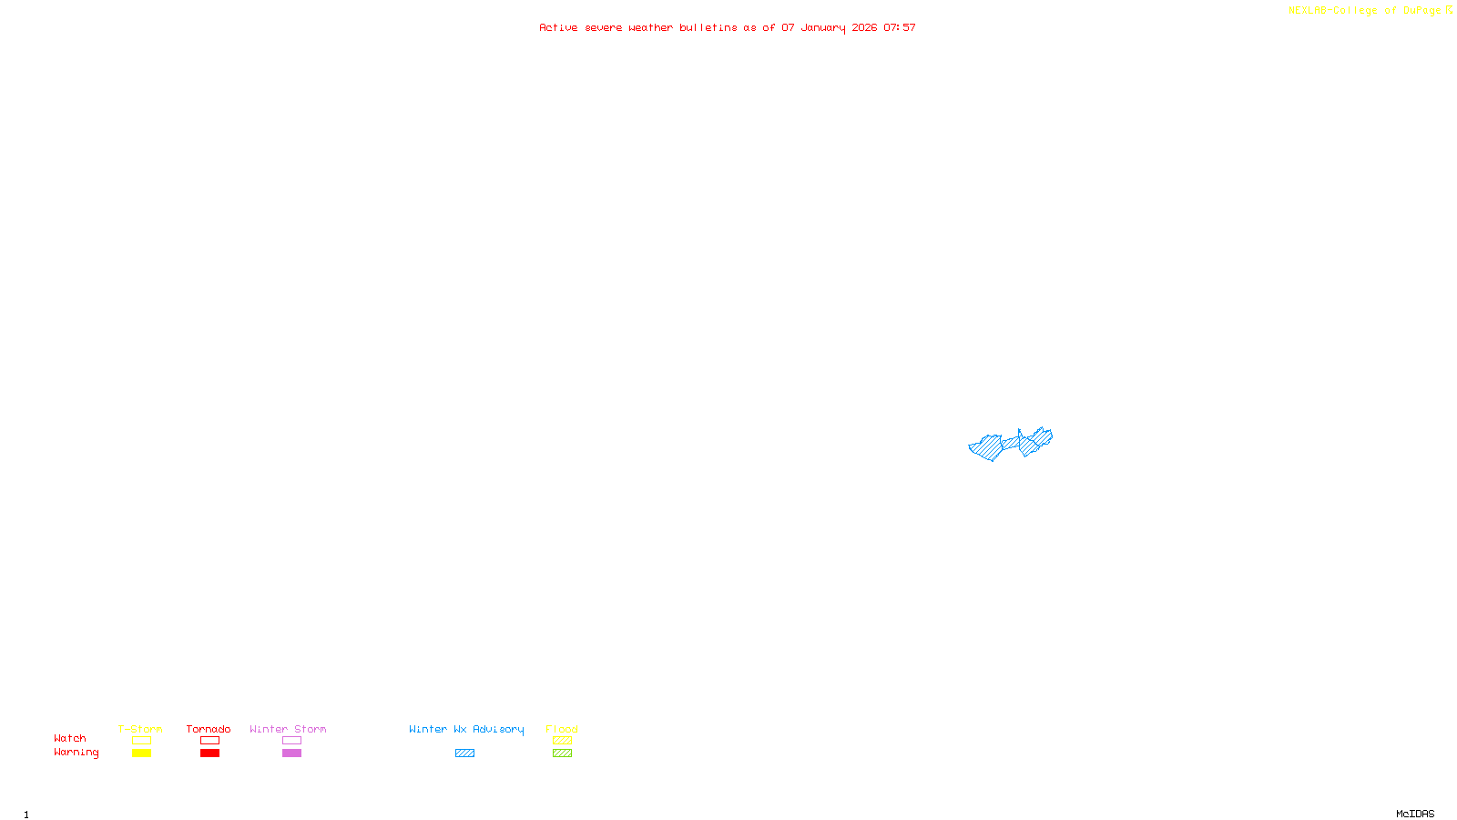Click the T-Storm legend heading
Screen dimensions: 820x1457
coord(140,729)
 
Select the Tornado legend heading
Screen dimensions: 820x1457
coord(209,729)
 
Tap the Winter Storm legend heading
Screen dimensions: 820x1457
coord(288,729)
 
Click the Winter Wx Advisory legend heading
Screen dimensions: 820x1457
coord(466,729)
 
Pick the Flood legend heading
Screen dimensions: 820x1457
coord(562,729)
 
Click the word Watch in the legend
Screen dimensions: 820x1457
coord(70,738)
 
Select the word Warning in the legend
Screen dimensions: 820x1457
coord(76,753)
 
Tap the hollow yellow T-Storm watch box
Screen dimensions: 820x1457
coord(141,741)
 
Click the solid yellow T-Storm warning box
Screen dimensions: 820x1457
coord(141,753)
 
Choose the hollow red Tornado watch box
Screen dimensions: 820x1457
coord(209,741)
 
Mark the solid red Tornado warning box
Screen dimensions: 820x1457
coord(209,753)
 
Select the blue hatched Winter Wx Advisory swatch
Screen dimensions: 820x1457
coord(464,753)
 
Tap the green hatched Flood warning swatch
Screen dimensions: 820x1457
coord(562,753)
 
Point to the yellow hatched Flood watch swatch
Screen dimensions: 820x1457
coord(562,741)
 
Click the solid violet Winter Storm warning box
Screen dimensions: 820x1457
coord(291,753)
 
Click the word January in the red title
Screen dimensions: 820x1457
coord(823,28)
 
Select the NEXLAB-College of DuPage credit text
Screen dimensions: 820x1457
coord(1364,11)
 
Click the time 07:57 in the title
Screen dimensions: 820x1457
coord(900,28)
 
